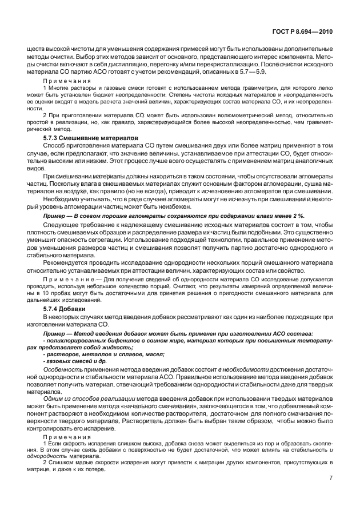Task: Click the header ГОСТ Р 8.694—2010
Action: click(303, 33)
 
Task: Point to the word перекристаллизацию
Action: click(210, 66)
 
